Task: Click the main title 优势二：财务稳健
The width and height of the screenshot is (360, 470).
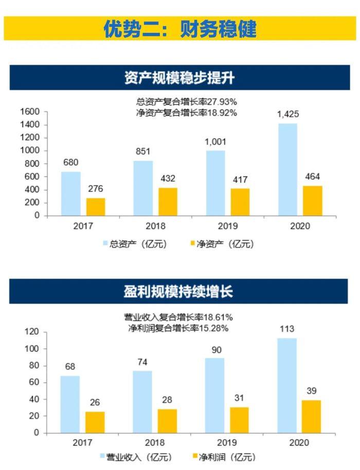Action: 179,29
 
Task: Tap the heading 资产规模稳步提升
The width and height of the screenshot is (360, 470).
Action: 179,78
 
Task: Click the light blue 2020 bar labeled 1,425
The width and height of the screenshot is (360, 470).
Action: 287,169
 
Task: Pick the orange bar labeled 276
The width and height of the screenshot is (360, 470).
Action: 96,206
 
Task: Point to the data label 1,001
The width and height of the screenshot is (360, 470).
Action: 215,142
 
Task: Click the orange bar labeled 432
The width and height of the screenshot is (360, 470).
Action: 168,201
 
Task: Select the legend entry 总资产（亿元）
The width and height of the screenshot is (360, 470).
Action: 135,244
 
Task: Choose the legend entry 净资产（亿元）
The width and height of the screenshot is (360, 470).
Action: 221,244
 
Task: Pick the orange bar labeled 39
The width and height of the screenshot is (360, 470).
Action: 312,416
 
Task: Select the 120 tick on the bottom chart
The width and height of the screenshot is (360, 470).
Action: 32,332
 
